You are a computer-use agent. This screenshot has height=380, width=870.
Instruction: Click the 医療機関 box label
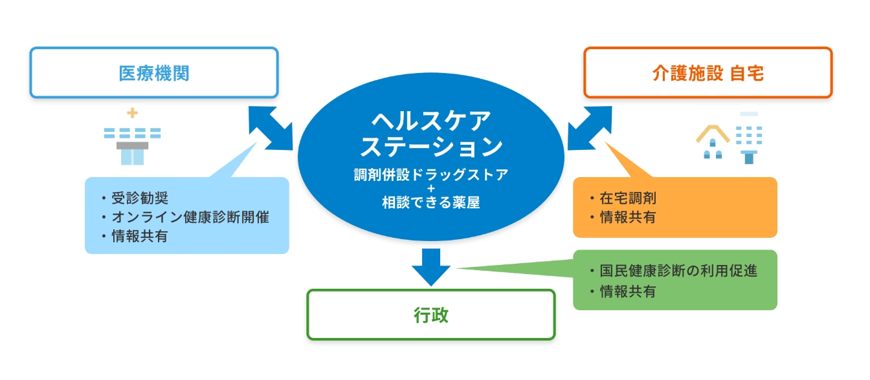point(154,73)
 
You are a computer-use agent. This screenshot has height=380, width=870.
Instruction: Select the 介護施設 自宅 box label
point(708,73)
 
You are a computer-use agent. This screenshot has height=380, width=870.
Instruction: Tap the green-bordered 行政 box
point(430,315)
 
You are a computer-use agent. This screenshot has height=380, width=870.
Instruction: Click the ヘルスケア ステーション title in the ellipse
point(431,134)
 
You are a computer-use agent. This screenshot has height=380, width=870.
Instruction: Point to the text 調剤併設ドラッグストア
point(431,174)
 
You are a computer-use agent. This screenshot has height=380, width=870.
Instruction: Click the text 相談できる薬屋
point(431,202)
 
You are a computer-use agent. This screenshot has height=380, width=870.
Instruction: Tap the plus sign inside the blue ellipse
point(431,188)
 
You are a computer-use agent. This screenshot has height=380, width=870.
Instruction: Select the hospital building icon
point(132,135)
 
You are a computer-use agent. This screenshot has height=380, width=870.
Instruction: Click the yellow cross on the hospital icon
point(132,113)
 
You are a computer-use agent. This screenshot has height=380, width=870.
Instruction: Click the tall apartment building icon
point(749,134)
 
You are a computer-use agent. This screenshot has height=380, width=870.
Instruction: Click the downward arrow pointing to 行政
point(431,266)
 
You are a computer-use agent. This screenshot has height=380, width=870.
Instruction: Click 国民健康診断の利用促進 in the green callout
point(678,271)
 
